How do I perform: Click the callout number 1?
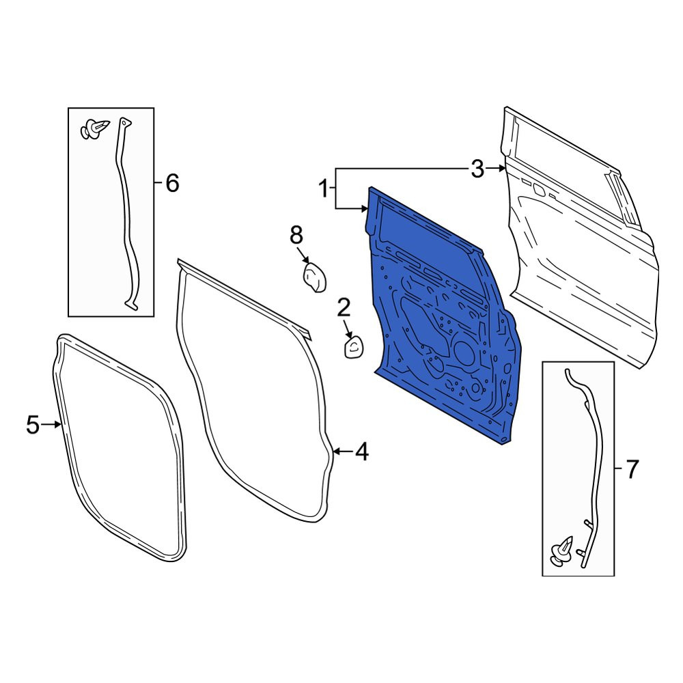[323, 189]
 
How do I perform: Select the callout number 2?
[344, 309]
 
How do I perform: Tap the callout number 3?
[477, 169]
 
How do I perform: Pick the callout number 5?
[33, 425]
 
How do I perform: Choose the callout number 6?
[172, 183]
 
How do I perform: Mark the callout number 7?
[632, 469]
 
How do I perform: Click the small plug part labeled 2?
[353, 348]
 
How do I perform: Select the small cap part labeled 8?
[314, 278]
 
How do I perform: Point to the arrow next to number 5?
[51, 425]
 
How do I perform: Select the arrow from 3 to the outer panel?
[496, 168]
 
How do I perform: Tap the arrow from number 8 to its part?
[303, 255]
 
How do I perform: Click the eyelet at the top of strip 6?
[124, 123]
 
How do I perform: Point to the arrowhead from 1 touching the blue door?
[365, 209]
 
